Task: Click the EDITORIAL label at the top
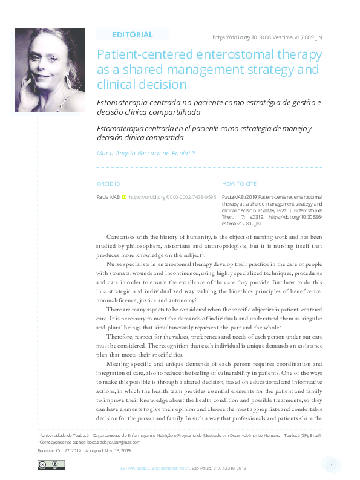point(133,35)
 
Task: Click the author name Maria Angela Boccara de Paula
point(142,154)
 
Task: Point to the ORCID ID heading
point(109,183)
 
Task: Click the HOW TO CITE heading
point(240,183)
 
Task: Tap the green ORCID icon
point(124,197)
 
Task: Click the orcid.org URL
point(172,197)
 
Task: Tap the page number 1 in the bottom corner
point(332,465)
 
